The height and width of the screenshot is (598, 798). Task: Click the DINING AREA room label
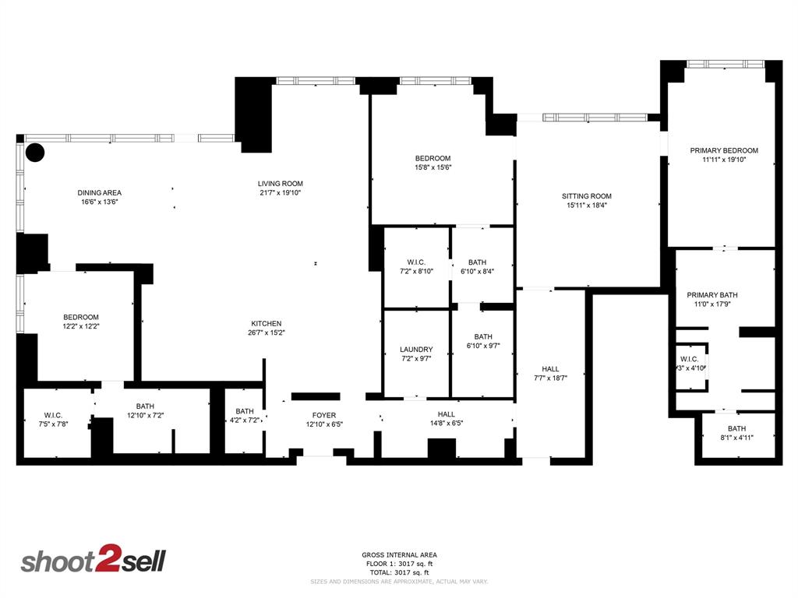coord(99,192)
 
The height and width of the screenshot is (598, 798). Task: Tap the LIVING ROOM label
coord(281,184)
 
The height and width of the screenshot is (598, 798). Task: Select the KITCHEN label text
coord(266,324)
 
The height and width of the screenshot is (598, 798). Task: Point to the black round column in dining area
coord(35,152)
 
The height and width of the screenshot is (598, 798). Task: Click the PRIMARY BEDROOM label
coord(724,150)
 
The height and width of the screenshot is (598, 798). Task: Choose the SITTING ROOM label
coord(587,196)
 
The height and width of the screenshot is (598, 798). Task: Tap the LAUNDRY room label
coord(416,350)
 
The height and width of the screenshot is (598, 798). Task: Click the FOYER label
coord(323,415)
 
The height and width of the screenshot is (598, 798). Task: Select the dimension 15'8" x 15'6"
coord(433,167)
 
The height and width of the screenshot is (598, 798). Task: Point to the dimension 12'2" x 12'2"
coord(81,326)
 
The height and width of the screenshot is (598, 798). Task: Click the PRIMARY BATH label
coord(711,295)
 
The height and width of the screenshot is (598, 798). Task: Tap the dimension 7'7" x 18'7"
coord(550,378)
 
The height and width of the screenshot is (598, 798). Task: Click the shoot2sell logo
coord(93,561)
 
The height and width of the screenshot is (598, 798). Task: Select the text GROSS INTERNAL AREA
coord(398,555)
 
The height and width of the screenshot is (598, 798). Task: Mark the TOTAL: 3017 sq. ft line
coord(398,572)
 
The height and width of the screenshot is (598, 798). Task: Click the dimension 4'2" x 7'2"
coord(245,421)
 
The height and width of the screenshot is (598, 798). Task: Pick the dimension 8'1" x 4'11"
coord(736,438)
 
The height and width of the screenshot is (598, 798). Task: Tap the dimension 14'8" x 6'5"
coord(446,424)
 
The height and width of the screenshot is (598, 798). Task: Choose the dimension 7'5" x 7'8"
coord(53,424)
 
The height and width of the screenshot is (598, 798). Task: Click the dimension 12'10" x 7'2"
coord(145,416)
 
